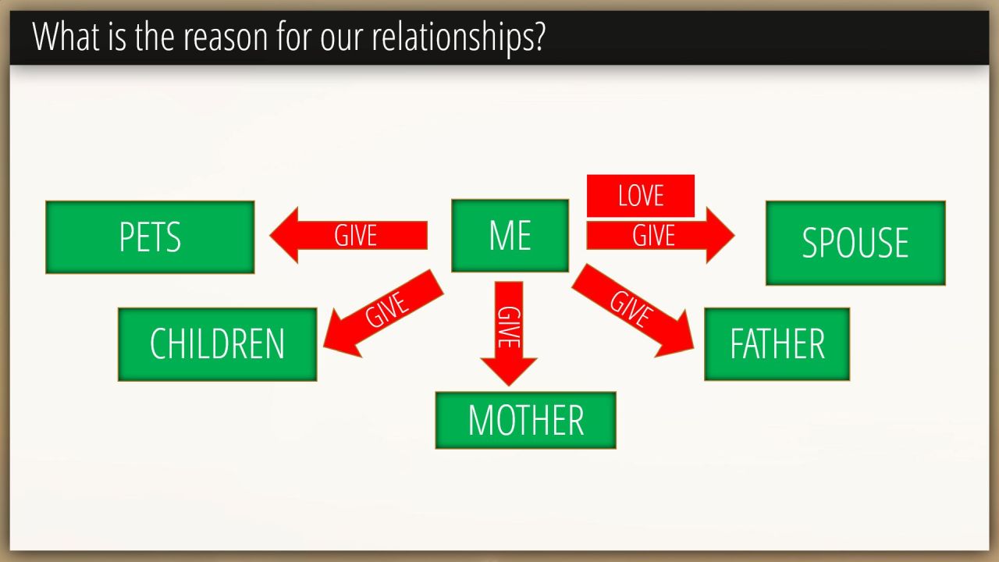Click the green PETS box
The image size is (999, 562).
(150, 237)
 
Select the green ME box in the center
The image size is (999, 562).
(510, 235)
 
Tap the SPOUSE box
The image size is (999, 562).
(855, 243)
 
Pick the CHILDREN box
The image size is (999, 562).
(217, 344)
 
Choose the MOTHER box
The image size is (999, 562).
(525, 420)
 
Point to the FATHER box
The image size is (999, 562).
(777, 344)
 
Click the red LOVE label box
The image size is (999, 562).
(641, 196)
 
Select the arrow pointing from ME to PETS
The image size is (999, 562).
(348, 235)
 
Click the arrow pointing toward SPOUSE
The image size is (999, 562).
(660, 235)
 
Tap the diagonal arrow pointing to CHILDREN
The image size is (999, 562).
(383, 313)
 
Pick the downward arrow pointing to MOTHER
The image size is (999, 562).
(508, 333)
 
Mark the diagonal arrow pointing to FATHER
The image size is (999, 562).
(632, 311)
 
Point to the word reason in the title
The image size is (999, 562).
(226, 38)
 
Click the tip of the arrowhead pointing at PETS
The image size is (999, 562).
(270, 235)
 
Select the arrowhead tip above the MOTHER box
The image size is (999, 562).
(508, 386)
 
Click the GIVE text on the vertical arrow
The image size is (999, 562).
(508, 327)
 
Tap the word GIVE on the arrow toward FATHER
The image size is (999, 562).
(631, 308)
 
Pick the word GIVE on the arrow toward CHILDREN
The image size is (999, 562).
(386, 309)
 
